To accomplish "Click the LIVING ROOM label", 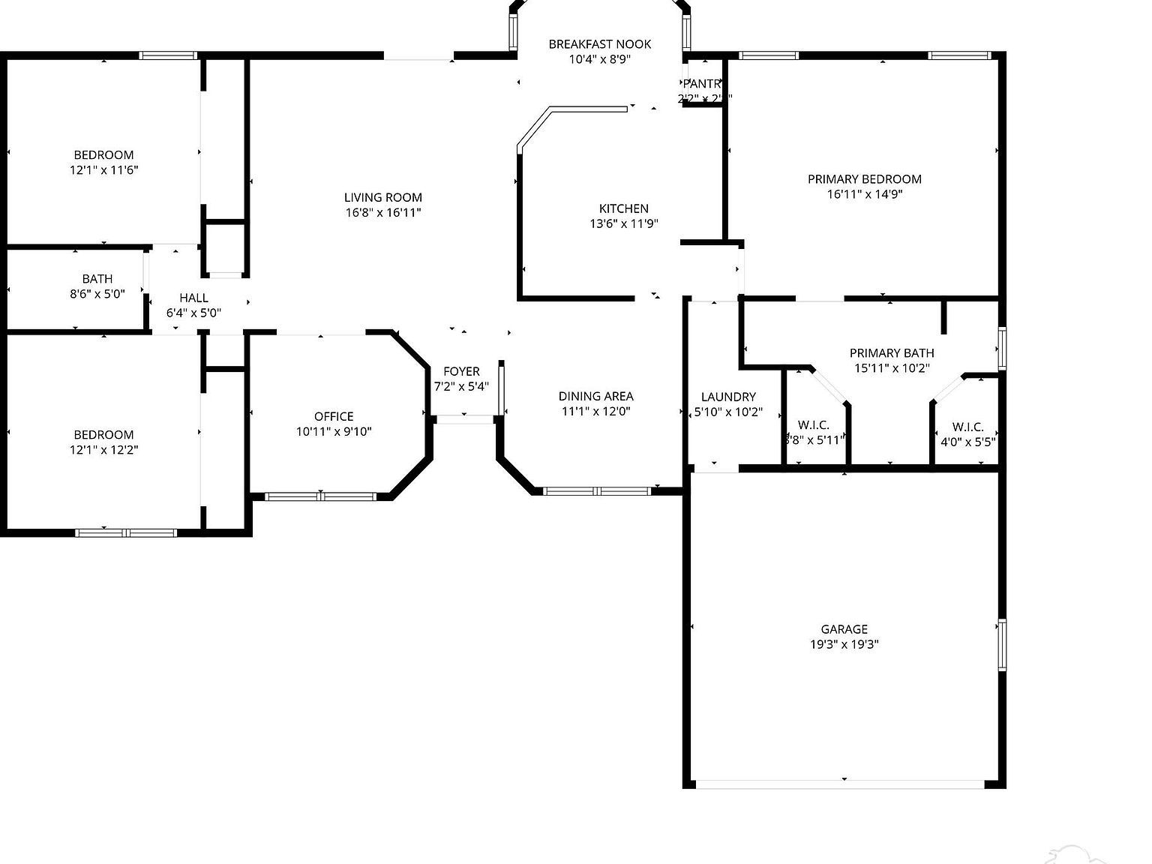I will point(382,197).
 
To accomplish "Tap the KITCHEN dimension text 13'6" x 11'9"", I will point(623,223).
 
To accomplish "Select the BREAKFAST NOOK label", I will point(599,44).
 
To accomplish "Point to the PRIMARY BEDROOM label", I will point(864,179).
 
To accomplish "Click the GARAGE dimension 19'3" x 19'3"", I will point(844,644).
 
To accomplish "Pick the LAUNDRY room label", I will point(727,397).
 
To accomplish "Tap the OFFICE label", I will point(334,416).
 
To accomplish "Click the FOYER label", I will point(461,371).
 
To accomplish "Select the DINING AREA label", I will point(595,396).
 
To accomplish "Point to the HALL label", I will point(193,298).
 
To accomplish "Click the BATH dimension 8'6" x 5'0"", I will point(97,294).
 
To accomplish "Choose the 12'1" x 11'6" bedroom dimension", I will point(103,170).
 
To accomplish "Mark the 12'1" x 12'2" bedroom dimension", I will point(103,450).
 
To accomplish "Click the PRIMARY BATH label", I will point(892,352).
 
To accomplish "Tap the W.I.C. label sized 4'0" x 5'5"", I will point(967,427).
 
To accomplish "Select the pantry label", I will point(703,84).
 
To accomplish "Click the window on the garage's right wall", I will point(1002,644).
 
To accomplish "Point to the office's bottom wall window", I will point(320,496).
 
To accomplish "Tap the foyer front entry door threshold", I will point(464,419).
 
